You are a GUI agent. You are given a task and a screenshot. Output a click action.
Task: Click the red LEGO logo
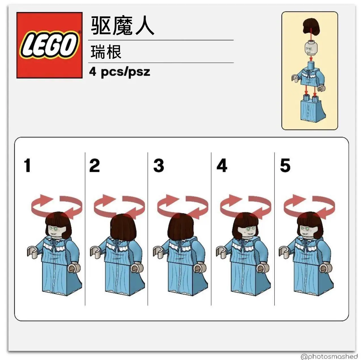coord(50,45)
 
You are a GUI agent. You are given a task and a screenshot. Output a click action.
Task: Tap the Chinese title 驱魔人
coord(122,26)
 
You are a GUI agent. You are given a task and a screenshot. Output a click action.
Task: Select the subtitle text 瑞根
coord(106,52)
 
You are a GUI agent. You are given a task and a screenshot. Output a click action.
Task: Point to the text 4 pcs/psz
coord(120,72)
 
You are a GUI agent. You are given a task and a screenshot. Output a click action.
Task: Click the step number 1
coord(27,165)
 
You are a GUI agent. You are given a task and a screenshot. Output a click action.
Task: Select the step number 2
coord(94,165)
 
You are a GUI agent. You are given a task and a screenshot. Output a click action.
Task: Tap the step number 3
coord(159,165)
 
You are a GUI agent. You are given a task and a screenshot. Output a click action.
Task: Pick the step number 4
coord(222,165)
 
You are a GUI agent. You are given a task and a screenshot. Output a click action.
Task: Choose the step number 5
coord(285,165)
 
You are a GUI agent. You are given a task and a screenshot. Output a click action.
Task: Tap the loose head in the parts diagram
coord(311,49)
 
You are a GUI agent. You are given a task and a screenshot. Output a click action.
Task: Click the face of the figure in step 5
coord(308,231)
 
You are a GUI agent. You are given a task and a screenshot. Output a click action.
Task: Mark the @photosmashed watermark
coord(332,356)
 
